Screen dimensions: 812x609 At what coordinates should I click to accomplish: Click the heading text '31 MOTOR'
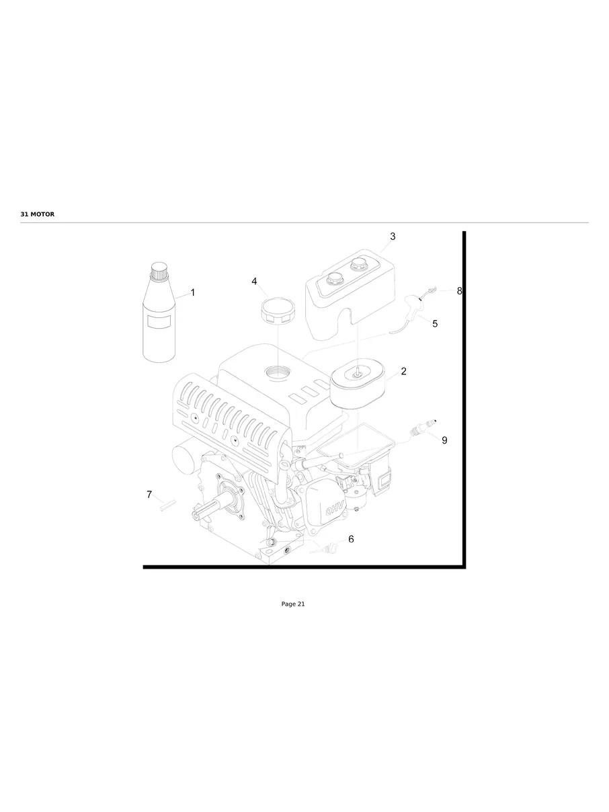click(x=38, y=214)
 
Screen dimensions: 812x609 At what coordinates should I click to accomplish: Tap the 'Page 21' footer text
click(x=293, y=604)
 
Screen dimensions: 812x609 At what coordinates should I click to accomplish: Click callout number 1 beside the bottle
click(x=193, y=292)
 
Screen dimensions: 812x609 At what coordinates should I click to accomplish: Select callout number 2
click(x=403, y=371)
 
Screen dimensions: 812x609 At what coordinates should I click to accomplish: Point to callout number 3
click(x=393, y=237)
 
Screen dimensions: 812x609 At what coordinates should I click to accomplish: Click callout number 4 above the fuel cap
click(x=255, y=281)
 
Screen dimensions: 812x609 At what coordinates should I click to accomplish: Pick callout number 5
click(x=435, y=323)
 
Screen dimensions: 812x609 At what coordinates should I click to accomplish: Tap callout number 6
click(x=351, y=539)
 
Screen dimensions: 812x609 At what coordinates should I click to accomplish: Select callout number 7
click(x=149, y=495)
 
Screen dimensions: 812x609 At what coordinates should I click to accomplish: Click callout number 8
click(x=459, y=291)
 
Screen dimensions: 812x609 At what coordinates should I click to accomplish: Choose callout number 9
click(x=444, y=440)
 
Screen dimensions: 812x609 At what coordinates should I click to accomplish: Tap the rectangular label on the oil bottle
click(x=160, y=323)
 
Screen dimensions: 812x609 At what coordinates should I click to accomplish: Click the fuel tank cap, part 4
click(x=275, y=311)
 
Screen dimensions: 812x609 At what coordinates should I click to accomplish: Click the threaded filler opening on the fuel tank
click(x=276, y=370)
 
